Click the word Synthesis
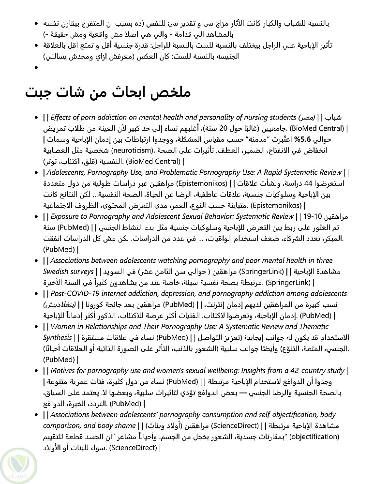point(58,337)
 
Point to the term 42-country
point(292,371)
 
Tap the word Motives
point(64,371)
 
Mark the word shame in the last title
point(125,425)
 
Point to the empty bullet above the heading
point(37,67)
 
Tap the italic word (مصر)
point(306,118)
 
